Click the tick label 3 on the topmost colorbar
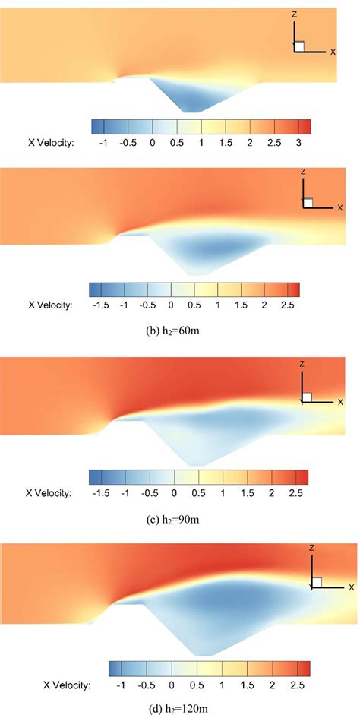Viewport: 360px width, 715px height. [x=298, y=142]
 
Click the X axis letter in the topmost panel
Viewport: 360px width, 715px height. [x=333, y=52]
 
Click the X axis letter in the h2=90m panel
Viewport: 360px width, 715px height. [x=340, y=400]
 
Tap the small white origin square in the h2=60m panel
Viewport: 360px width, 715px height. [x=307, y=203]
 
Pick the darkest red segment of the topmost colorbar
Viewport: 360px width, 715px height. [x=305, y=126]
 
